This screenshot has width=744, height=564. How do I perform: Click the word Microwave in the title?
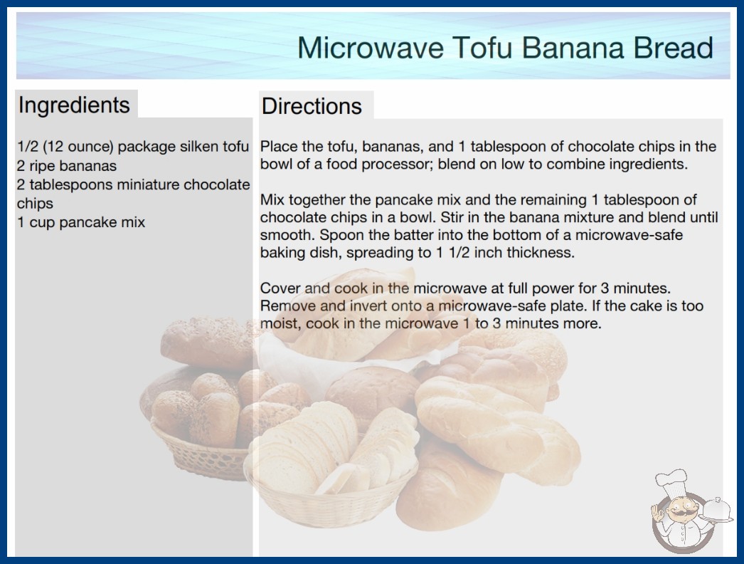371,48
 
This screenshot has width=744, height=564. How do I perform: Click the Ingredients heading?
74,105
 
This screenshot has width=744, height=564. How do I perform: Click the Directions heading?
312,106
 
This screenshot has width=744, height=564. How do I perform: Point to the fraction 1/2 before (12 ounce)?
28,147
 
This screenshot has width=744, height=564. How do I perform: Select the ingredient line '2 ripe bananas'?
67,166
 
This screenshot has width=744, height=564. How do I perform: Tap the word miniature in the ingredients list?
148,184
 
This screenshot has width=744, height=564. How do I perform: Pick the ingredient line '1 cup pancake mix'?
81,222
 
